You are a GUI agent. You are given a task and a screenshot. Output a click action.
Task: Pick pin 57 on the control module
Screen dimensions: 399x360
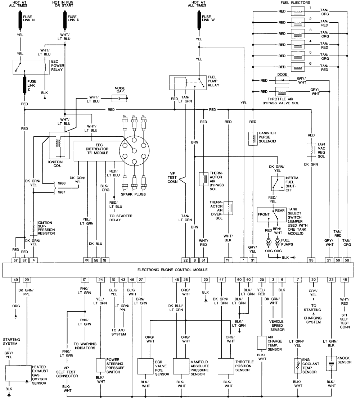pyautogui.click(x=16, y=260)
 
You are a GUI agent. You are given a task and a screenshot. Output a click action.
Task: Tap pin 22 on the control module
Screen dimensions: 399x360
pyautogui.click(x=185, y=260)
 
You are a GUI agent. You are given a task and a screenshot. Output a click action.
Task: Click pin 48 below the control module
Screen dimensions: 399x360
pyautogui.click(x=345, y=280)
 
